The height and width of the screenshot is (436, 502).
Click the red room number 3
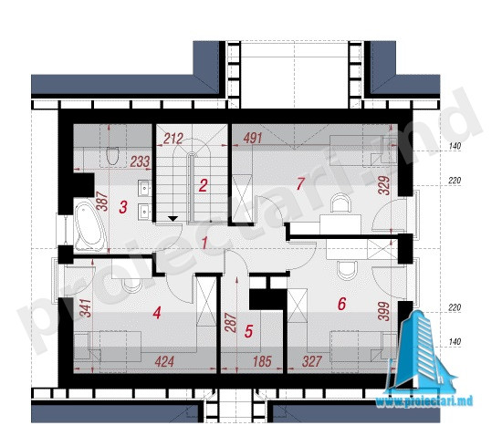click(x=123, y=207)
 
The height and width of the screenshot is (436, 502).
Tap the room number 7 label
click(x=300, y=184)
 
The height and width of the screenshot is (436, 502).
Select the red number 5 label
click(x=249, y=331)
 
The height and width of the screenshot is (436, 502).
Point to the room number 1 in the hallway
click(x=204, y=244)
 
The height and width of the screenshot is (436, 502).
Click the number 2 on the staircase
click(x=203, y=185)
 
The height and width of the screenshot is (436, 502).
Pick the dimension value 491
click(x=253, y=138)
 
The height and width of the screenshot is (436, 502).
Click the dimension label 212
click(x=173, y=139)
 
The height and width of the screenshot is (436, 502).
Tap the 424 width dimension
click(x=164, y=362)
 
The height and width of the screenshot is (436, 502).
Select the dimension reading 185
click(x=262, y=362)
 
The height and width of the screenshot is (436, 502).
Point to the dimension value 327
click(x=312, y=362)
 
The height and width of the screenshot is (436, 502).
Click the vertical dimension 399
click(x=384, y=311)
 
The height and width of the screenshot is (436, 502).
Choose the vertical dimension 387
click(x=103, y=202)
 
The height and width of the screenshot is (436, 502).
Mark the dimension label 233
click(x=140, y=161)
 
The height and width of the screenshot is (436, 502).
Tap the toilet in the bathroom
click(x=112, y=156)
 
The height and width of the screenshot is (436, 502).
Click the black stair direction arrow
click(x=173, y=219)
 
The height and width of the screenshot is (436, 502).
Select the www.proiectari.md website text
click(x=424, y=400)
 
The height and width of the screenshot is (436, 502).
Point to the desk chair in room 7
click(x=341, y=203)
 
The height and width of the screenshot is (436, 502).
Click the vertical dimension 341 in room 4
click(x=86, y=307)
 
